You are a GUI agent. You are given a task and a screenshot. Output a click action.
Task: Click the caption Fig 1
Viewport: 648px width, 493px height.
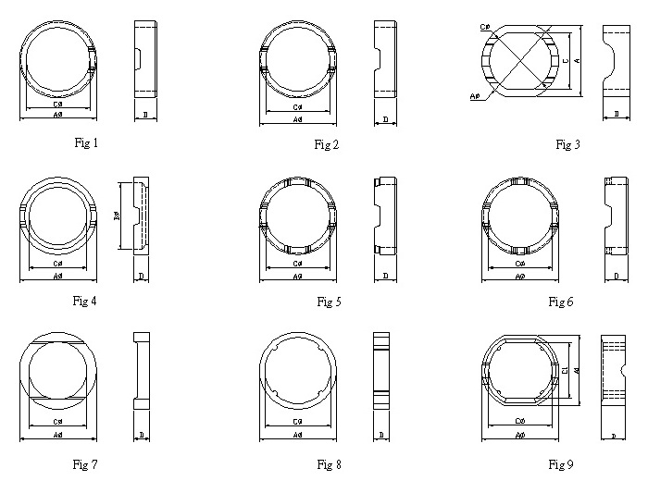click(86, 142)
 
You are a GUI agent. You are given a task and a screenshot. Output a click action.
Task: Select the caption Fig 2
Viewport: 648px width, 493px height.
click(327, 143)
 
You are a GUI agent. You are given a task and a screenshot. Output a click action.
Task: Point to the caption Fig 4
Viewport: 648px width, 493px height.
click(86, 301)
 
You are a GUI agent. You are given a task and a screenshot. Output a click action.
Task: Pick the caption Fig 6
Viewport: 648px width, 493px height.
click(561, 302)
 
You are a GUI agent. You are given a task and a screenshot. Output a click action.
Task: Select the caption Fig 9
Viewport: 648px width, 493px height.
click(561, 464)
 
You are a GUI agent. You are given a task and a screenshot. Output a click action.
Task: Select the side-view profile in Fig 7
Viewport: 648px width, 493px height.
click(141, 370)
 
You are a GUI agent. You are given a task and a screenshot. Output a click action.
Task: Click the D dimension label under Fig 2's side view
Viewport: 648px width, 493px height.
click(385, 119)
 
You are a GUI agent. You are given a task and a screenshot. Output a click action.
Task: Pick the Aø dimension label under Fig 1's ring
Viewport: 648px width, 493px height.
click(57, 115)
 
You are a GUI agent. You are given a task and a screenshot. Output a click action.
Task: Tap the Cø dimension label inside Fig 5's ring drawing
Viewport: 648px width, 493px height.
click(297, 264)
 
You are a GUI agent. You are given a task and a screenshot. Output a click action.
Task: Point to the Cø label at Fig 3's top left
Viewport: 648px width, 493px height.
click(485, 27)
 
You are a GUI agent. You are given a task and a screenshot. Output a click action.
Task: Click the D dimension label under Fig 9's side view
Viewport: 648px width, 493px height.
click(613, 435)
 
